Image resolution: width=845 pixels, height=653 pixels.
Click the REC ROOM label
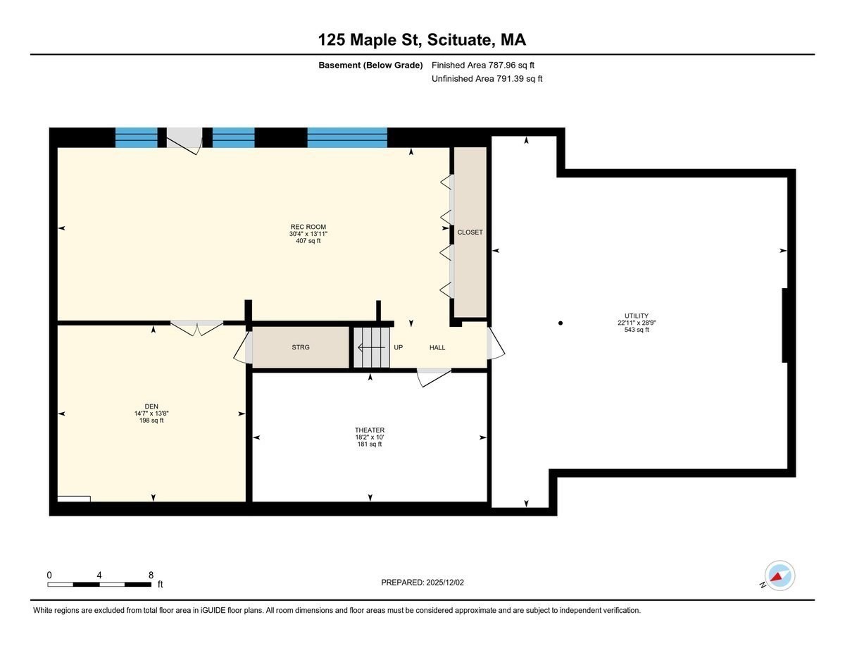pyautogui.click(x=307, y=227)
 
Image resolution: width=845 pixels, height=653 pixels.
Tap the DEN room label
pyautogui.click(x=151, y=406)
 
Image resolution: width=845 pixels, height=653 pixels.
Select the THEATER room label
pyautogui.click(x=370, y=430)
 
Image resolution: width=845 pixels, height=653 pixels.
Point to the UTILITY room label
pyautogui.click(x=636, y=316)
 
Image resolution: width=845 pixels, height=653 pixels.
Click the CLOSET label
pyautogui.click(x=470, y=232)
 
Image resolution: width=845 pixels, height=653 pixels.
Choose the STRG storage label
pyautogui.click(x=301, y=347)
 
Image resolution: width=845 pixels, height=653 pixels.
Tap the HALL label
pyautogui.click(x=437, y=347)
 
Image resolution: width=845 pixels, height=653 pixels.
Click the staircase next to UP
pyautogui.click(x=371, y=347)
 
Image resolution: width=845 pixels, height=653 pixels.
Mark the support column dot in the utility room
pyautogui.click(x=561, y=323)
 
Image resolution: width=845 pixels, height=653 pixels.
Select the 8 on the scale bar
pyautogui.click(x=151, y=575)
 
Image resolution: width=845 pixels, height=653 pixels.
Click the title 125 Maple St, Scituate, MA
pyautogui.click(x=422, y=39)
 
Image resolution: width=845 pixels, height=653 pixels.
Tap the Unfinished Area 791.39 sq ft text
pyautogui.click(x=487, y=79)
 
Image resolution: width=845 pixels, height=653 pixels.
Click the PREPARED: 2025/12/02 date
pyautogui.click(x=423, y=583)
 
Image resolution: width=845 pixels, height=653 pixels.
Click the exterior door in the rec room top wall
pyautogui.click(x=184, y=138)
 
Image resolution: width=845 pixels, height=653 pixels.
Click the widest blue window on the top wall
pyautogui.click(x=347, y=137)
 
